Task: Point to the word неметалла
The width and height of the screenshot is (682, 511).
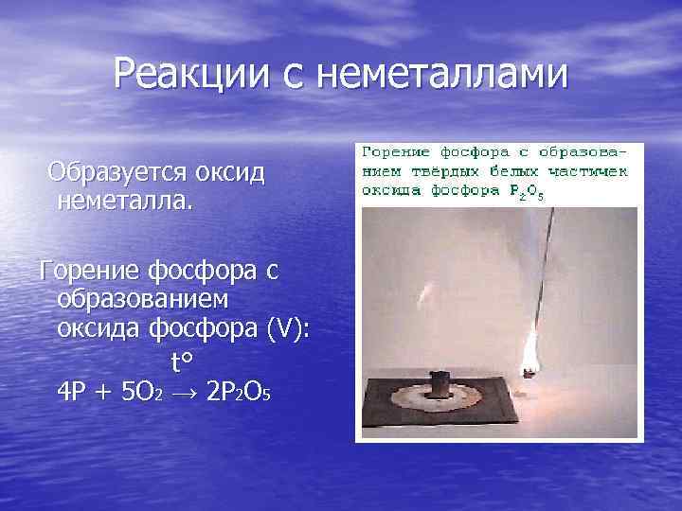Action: pyautogui.click(x=125, y=200)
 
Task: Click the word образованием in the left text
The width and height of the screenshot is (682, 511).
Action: pyautogui.click(x=143, y=298)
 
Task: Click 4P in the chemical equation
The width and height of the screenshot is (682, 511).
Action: pyautogui.click(x=74, y=392)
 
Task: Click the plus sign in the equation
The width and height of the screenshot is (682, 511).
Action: pyautogui.click(x=105, y=392)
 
